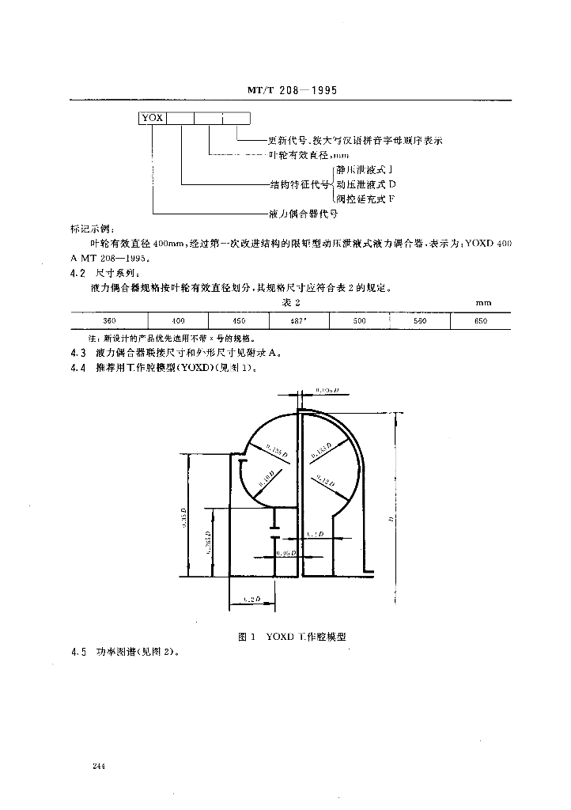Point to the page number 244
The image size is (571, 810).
pyautogui.click(x=99, y=766)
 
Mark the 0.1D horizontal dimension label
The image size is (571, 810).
pyautogui.click(x=316, y=535)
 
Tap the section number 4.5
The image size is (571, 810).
pyautogui.click(x=78, y=653)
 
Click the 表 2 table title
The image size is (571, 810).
pyautogui.click(x=293, y=302)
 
